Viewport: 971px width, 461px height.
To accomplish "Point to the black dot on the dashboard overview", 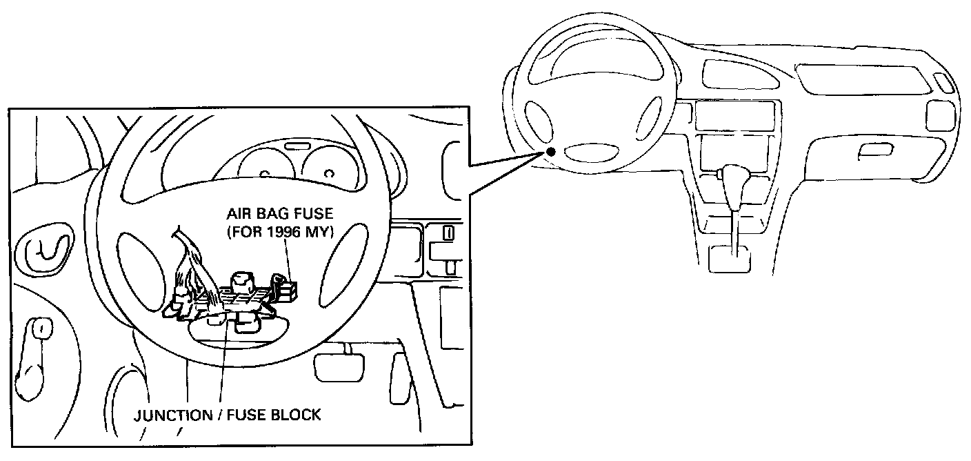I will (550, 153).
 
